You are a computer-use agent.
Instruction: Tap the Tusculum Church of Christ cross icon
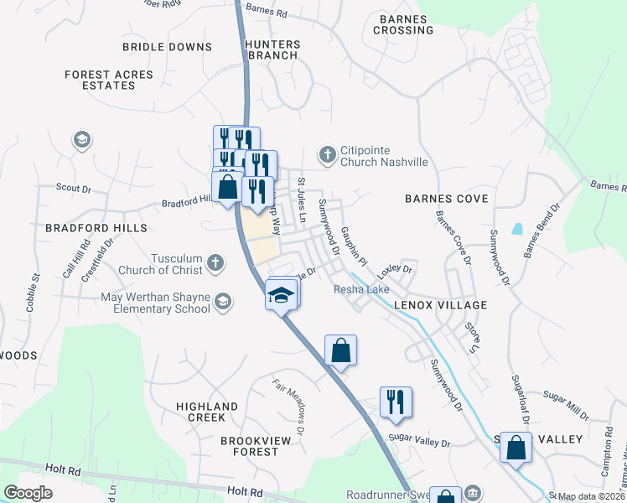point(215,263)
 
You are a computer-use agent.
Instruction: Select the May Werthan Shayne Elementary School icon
point(223,302)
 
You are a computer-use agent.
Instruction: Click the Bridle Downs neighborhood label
point(167,47)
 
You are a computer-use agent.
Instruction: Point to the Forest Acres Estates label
point(110,80)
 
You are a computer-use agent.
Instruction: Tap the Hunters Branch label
point(271,49)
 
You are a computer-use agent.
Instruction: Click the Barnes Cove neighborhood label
point(446,199)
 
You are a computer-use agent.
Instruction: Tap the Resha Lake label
point(362,289)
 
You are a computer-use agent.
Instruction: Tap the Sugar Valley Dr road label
point(420,442)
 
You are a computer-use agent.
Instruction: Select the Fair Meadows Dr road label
point(292,399)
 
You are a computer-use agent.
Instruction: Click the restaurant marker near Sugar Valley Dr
point(395,402)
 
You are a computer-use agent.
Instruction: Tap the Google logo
point(28,493)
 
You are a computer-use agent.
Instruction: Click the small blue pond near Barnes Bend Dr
point(517,228)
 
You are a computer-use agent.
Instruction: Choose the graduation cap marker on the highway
point(282,294)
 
